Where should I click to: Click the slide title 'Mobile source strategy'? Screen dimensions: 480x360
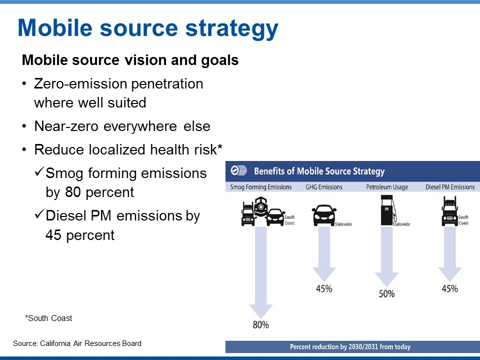pos(148,28)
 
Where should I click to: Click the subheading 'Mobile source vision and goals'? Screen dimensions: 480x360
pos(130,60)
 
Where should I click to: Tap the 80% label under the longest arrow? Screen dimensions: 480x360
pos(261,325)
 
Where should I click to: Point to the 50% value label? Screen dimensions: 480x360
pos(386,294)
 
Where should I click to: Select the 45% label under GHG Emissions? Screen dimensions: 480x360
pos(324,288)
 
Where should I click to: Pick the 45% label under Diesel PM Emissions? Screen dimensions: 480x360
pos(449,288)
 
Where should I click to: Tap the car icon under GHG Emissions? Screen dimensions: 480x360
pos(324,215)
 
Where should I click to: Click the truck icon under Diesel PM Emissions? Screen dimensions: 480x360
pos(449,211)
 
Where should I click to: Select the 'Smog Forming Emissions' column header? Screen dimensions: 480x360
pos(261,187)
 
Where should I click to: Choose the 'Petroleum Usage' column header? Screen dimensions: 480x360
pos(387,187)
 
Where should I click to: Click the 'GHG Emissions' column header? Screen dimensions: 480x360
pos(324,187)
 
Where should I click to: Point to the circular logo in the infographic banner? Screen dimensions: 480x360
pos(238,170)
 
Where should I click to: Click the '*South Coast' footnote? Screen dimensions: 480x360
pos(48,318)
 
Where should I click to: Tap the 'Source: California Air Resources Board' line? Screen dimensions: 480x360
pos(77,343)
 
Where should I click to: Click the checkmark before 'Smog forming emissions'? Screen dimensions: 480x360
pos(39,171)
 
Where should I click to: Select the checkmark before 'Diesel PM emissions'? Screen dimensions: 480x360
pos(39,214)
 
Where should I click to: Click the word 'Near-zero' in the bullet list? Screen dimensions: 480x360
pos(66,126)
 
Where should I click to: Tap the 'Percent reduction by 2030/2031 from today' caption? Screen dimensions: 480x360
pos(350,347)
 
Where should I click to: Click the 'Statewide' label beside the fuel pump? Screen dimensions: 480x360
pos(401,224)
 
